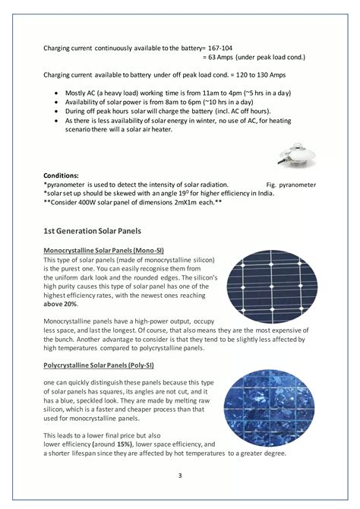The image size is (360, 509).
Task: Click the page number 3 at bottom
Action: (x=180, y=476)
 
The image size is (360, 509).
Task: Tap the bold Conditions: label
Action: (x=62, y=175)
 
